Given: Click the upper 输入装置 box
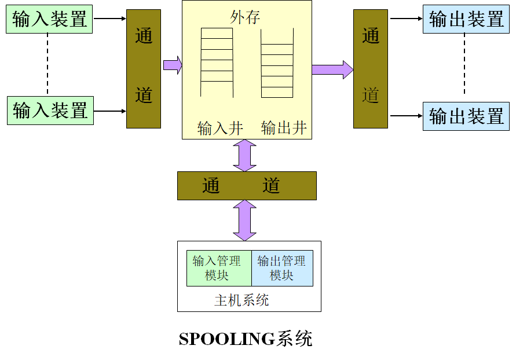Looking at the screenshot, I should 50,20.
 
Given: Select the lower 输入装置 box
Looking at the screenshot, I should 50,110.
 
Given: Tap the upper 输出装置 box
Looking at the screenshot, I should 466,20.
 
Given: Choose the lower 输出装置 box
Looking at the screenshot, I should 466,116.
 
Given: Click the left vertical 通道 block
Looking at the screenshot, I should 144,68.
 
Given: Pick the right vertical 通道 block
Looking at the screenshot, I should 371,68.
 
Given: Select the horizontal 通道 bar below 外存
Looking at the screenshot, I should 247,186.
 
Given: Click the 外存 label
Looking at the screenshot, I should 246,17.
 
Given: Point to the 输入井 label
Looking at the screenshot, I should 220,128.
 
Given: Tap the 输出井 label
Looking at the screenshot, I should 284,128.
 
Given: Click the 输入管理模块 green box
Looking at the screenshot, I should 219,268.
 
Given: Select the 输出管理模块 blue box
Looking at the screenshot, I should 282,268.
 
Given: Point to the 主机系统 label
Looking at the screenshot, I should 241,300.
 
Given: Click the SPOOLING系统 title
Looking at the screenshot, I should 246,339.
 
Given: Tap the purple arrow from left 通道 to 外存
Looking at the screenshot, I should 172,64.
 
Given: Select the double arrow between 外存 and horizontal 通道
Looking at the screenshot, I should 244,155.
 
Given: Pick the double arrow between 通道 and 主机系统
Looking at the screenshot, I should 244,221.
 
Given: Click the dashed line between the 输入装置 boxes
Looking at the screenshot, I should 47,65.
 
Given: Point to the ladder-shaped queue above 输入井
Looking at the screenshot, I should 217,63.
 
